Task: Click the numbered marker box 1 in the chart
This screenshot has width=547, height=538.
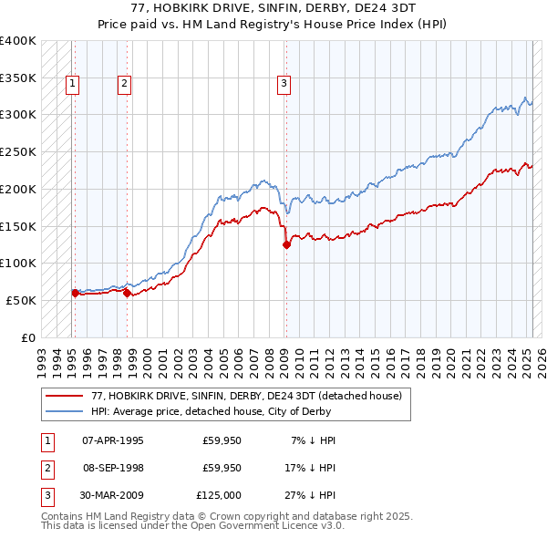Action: click(x=72, y=84)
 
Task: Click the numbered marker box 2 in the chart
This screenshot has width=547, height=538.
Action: click(x=124, y=84)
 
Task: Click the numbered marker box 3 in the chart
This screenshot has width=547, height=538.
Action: click(x=284, y=84)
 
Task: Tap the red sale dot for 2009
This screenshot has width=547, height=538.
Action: click(x=286, y=244)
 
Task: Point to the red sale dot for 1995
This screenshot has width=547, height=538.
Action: click(x=75, y=293)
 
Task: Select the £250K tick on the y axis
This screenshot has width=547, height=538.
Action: click(x=18, y=151)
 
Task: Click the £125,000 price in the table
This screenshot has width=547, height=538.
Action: click(x=219, y=495)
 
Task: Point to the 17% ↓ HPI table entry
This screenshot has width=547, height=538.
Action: click(x=312, y=468)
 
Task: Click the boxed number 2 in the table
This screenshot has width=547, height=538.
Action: click(x=46, y=468)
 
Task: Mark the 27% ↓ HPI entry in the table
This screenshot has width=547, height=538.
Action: click(x=312, y=495)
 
